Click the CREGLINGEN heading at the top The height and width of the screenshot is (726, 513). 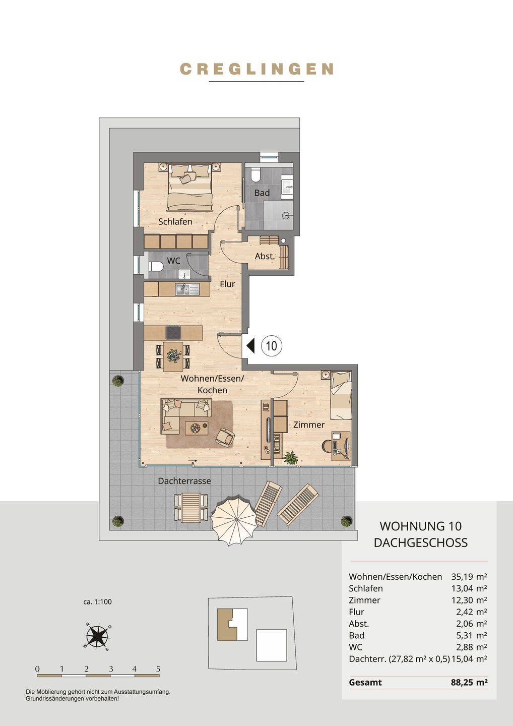[x=256, y=69]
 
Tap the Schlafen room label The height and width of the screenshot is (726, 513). [x=175, y=222]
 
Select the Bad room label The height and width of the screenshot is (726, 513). [x=262, y=193]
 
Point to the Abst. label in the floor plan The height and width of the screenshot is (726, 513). [x=265, y=256]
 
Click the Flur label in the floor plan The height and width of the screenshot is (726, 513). [x=227, y=284]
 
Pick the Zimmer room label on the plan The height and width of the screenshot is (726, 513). [x=308, y=425]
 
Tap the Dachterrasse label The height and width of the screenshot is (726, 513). [x=184, y=481]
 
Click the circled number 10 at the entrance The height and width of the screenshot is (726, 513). [x=272, y=346]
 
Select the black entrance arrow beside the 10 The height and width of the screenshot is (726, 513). [x=250, y=345]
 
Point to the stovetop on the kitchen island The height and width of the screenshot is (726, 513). [x=174, y=333]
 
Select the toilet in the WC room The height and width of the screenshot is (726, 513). [x=156, y=266]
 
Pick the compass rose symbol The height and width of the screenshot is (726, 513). [x=97, y=636]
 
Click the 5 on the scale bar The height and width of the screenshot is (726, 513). [x=158, y=669]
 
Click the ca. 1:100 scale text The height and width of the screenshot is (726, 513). [x=97, y=602]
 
